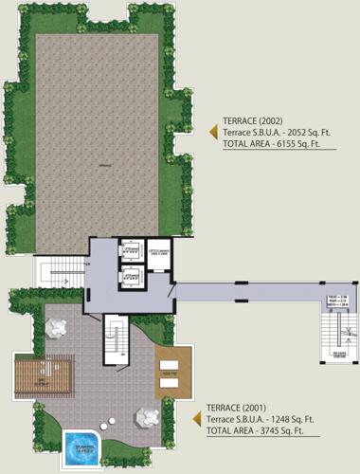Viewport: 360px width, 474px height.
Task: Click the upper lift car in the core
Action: coord(131,251)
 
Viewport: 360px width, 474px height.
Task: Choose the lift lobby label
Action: coord(157,252)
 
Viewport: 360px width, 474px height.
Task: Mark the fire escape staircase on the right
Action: coord(329,333)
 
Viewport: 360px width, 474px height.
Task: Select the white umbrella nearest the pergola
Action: coord(55,328)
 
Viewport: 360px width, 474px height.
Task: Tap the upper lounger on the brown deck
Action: coord(171,366)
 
